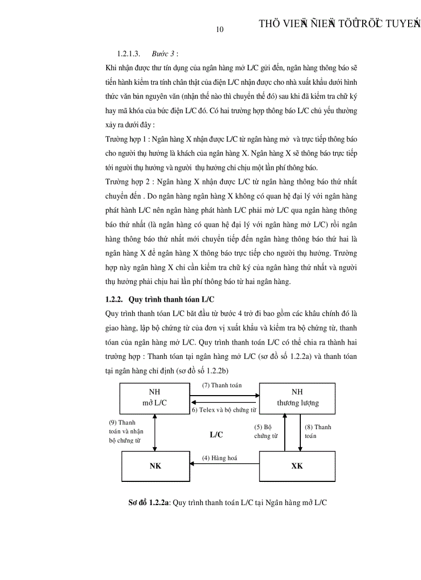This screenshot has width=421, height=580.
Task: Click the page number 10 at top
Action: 220,29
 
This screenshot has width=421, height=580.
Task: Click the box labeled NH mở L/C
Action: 154,398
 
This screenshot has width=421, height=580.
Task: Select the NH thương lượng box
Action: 297,398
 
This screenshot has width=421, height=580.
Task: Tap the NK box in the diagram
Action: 155,466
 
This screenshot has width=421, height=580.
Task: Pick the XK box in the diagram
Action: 297,466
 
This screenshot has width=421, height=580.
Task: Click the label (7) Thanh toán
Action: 222,385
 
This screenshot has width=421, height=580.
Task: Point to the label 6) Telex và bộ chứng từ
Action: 223,410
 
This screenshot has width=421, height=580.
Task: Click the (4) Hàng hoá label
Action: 220,458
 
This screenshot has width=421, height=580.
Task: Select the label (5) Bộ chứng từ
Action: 265,431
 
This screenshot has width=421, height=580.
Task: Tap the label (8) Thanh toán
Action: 318,431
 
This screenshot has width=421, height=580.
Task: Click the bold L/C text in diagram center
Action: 216,435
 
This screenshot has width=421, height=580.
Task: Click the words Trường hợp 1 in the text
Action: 124,139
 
